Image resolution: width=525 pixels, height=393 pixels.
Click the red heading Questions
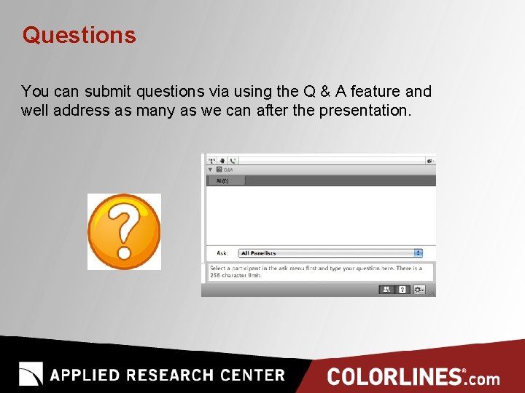[79, 35]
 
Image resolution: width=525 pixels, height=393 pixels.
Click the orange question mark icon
[124, 231]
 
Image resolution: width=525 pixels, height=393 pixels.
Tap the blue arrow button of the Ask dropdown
[419, 253]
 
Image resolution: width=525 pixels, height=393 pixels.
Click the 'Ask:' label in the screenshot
[222, 253]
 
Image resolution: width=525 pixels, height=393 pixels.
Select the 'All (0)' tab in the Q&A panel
[222, 180]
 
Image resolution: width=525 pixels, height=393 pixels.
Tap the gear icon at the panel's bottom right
[419, 290]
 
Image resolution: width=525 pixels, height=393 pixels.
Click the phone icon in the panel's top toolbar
[233, 160]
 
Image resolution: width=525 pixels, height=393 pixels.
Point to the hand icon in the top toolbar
[222, 160]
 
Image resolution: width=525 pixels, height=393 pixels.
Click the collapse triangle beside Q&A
[210, 169]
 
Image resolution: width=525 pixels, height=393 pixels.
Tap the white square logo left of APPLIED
[31, 374]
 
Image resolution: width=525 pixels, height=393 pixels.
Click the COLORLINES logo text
[394, 377]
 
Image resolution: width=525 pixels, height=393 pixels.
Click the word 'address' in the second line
[74, 111]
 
